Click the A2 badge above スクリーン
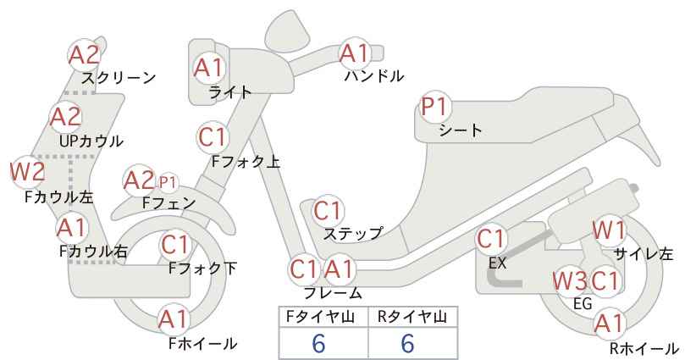click(x=85, y=54)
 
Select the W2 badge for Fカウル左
click(x=28, y=172)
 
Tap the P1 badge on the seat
click(x=434, y=107)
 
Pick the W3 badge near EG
click(x=569, y=281)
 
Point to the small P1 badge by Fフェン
click(x=167, y=182)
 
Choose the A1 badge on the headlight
click(x=209, y=68)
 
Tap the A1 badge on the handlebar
click(x=355, y=53)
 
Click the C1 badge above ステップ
click(x=328, y=211)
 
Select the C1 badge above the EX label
click(x=491, y=239)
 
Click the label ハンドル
click(x=374, y=76)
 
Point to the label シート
click(x=461, y=130)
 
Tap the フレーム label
click(x=333, y=292)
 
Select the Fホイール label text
click(x=203, y=343)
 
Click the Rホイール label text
click(x=644, y=348)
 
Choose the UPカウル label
click(x=91, y=141)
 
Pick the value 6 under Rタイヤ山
click(x=408, y=343)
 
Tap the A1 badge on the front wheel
click(x=174, y=319)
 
